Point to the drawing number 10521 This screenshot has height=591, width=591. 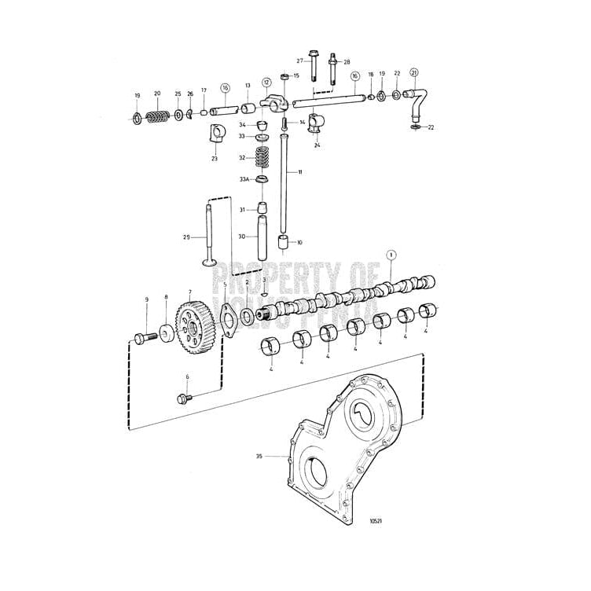coord(376,520)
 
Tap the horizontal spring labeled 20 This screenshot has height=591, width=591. coord(159,118)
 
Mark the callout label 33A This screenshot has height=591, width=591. coord(244,180)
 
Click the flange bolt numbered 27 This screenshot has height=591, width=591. coord(314,66)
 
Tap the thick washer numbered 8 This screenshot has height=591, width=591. coord(166,332)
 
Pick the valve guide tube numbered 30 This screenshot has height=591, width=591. coord(262,236)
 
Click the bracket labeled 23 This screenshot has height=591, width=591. coord(216,134)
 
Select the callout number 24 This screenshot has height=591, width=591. coord(318,145)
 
